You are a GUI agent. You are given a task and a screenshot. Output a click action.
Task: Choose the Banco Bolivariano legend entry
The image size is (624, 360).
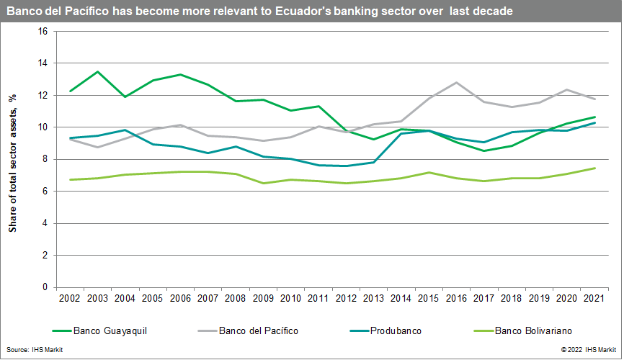tap(533, 331)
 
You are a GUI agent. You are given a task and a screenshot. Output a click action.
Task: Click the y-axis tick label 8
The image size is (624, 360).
tap(44, 159)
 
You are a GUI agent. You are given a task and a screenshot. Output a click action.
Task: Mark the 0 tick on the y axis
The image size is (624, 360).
tap(44, 287)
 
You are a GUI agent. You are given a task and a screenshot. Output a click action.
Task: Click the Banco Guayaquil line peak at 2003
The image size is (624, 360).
tap(97, 72)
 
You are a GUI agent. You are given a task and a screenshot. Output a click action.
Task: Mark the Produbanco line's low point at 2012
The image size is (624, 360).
tap(344, 166)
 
